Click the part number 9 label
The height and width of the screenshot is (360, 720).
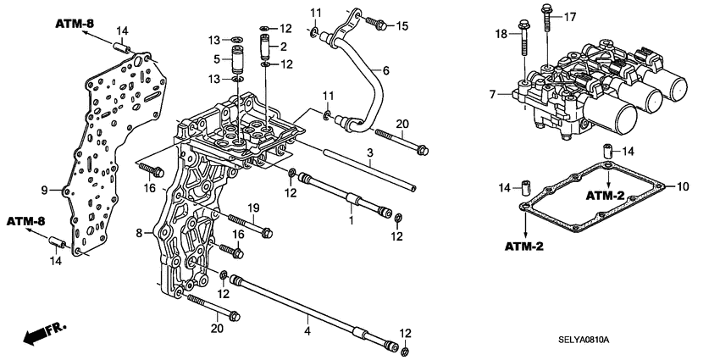[x=45, y=190]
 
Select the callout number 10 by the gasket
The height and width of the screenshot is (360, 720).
[x=684, y=186]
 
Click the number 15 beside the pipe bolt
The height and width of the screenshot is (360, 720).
[x=402, y=26]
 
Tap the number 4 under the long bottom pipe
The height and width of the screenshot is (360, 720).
[x=307, y=330]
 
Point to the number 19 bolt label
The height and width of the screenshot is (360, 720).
[x=252, y=208]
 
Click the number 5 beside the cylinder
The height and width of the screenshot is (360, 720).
[x=217, y=60]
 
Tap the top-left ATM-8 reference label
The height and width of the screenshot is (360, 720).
[x=75, y=23]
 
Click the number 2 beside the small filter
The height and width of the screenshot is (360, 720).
[x=285, y=46]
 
